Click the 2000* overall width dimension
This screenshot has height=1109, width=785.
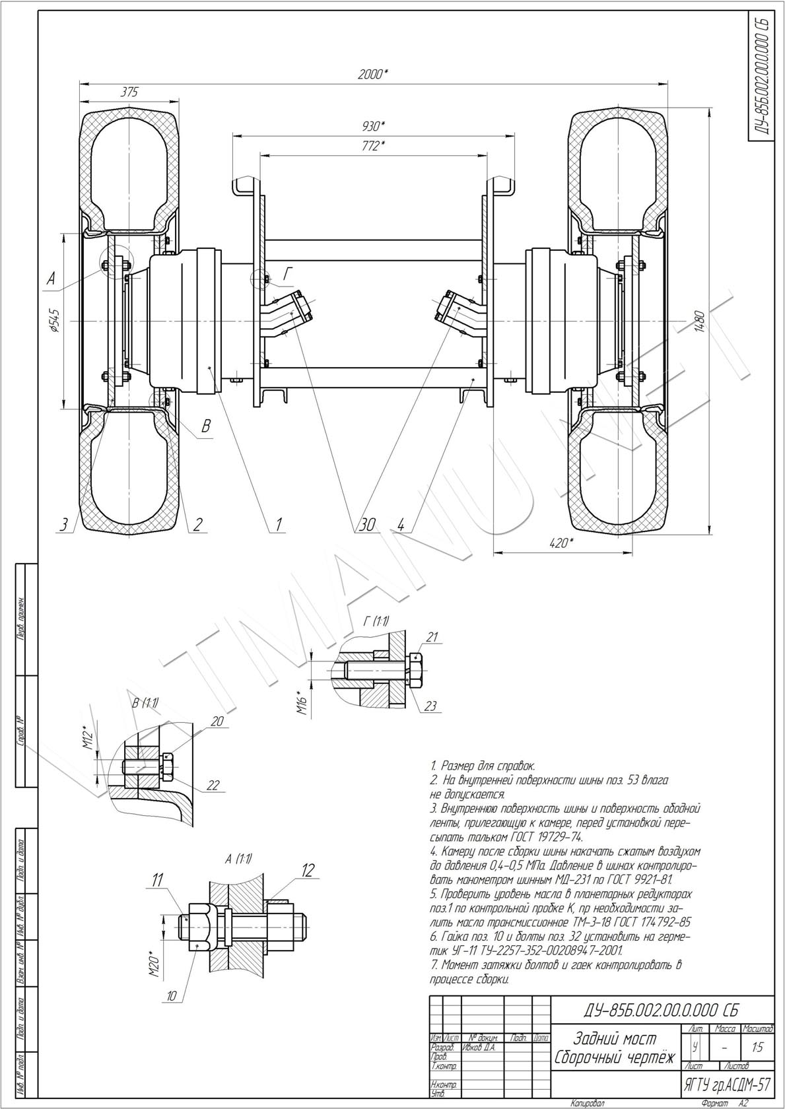tap(372, 75)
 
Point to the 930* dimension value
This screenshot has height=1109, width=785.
tap(373, 125)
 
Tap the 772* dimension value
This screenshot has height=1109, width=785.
tap(372, 146)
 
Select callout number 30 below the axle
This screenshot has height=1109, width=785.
tap(367, 525)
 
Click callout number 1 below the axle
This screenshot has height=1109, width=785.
tap(279, 525)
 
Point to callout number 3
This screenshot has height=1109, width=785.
tap(63, 525)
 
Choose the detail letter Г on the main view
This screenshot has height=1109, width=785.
tap(289, 274)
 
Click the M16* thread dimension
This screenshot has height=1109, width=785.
tap(302, 702)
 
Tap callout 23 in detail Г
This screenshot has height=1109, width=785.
tap(430, 706)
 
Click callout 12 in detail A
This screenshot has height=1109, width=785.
tap(308, 871)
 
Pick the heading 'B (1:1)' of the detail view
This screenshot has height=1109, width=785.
tap(145, 702)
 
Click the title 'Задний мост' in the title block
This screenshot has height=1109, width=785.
tap(615, 1038)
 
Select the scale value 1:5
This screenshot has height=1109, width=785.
tap(757, 1047)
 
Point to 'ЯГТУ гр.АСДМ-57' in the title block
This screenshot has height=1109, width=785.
tap(727, 1085)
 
